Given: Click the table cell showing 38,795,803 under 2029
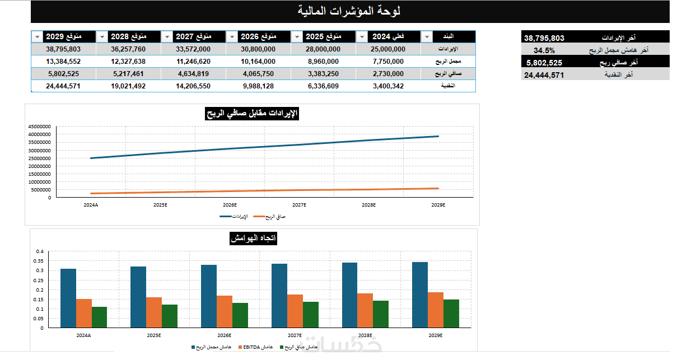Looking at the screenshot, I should pos(63,49).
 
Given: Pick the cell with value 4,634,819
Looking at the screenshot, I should pos(193,74).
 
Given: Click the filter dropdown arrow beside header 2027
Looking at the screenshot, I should pos(167,37).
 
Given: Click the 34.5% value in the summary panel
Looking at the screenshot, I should pos(544,50).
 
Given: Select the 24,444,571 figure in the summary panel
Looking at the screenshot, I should pos(544,75).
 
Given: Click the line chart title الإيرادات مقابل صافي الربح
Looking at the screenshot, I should pos(252,114).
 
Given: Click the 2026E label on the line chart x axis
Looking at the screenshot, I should pos(230,205).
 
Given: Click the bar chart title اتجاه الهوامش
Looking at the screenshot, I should pos(254,239).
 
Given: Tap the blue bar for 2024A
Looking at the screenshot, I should pos(68,298).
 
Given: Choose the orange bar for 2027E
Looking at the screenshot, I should pos(295,311).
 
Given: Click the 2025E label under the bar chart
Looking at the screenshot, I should pos(154,335).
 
